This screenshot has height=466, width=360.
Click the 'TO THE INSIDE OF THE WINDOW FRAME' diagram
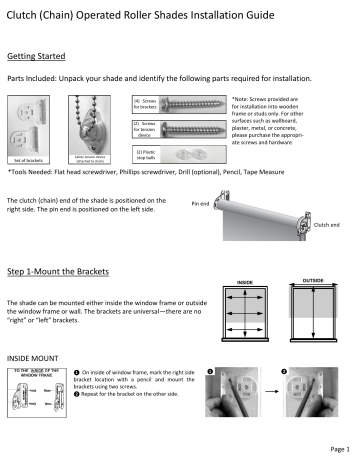point(39,398)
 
